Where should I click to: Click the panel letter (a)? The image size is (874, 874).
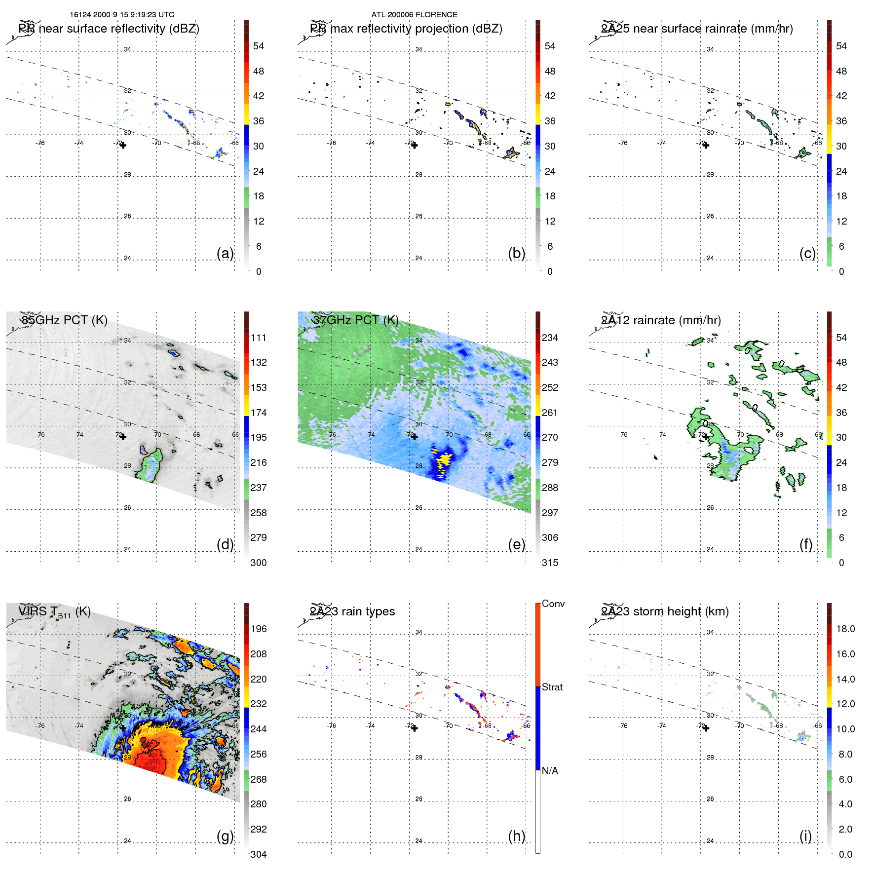[x=225, y=253]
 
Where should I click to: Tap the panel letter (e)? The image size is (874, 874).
[x=516, y=544]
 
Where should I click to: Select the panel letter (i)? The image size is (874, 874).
[x=805, y=836]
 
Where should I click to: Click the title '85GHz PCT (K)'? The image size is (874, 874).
[x=65, y=320]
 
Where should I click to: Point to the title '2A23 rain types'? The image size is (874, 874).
[x=352, y=611]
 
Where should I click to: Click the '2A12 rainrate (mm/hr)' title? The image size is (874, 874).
[x=661, y=320]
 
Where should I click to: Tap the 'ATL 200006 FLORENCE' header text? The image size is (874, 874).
[x=414, y=15]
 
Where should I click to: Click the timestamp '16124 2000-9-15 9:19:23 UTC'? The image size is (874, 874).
[x=122, y=15]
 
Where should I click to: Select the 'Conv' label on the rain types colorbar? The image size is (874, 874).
[x=553, y=604]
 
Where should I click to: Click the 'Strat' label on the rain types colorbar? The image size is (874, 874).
[x=552, y=687]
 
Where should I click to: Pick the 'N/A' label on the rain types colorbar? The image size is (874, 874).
[x=550, y=771]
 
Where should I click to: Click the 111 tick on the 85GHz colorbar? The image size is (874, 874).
[x=259, y=338]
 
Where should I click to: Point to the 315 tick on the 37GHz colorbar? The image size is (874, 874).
[x=550, y=563]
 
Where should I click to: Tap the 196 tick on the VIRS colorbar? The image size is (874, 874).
[x=259, y=629]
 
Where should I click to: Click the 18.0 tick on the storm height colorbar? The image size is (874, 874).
[x=845, y=629]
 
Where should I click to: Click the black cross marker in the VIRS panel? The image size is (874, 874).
[x=123, y=728]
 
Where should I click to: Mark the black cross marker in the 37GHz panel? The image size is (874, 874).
[x=415, y=437]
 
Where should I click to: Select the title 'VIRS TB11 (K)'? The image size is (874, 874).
[x=54, y=612]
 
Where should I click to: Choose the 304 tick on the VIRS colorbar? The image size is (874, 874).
[x=259, y=854]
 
